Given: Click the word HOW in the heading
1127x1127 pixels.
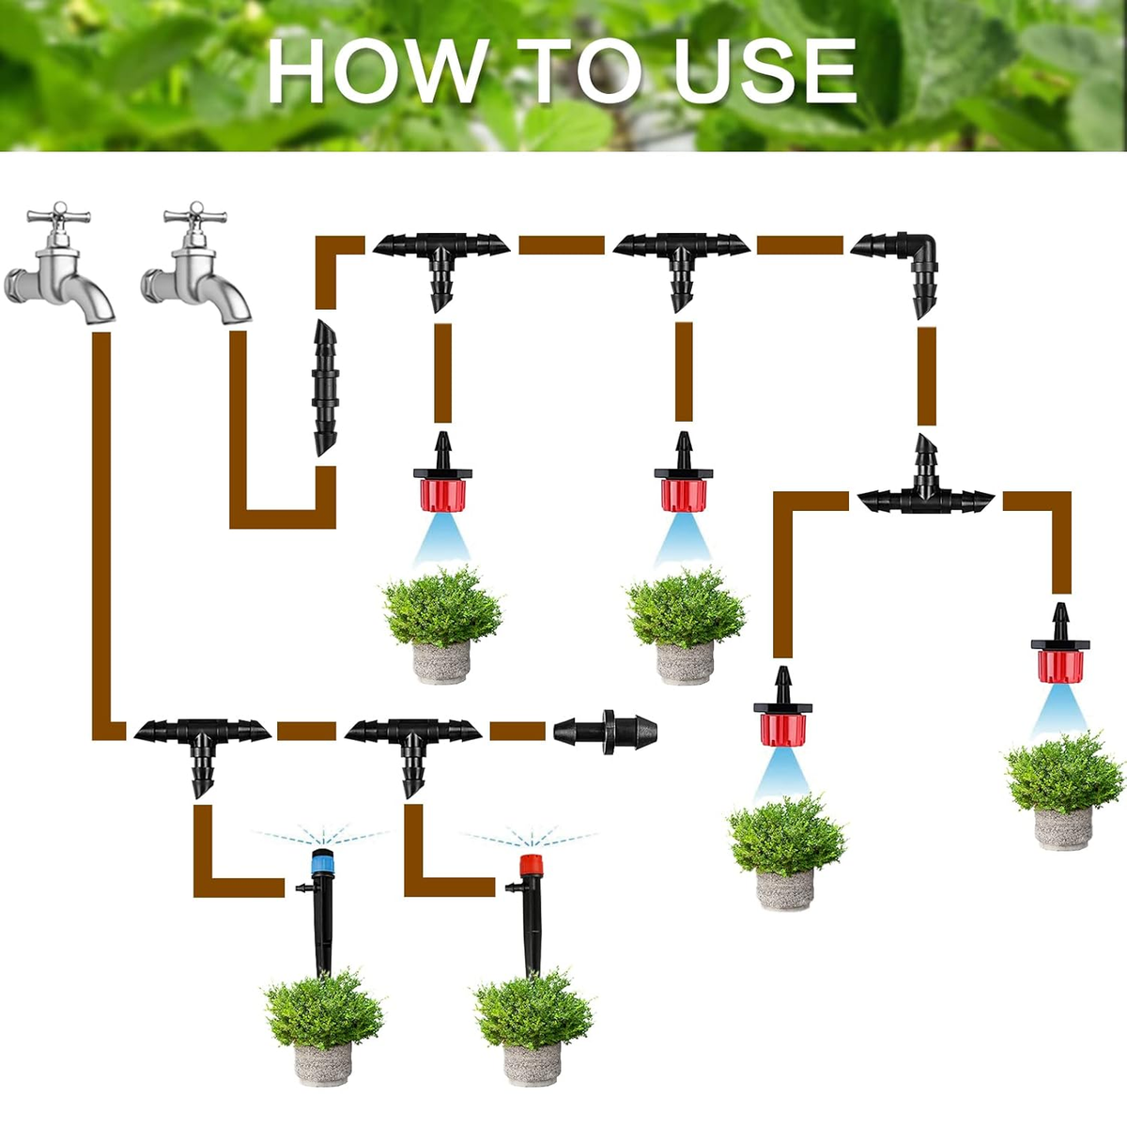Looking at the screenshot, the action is click(378, 70).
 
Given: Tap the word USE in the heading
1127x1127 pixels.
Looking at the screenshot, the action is click(765, 70).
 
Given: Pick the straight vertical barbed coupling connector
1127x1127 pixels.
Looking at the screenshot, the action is click(325, 388).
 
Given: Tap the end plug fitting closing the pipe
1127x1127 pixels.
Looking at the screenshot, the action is click(606, 731).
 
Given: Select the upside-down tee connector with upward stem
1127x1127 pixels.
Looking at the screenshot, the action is click(926, 486).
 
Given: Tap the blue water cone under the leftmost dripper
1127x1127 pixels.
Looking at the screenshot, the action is click(442, 539).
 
